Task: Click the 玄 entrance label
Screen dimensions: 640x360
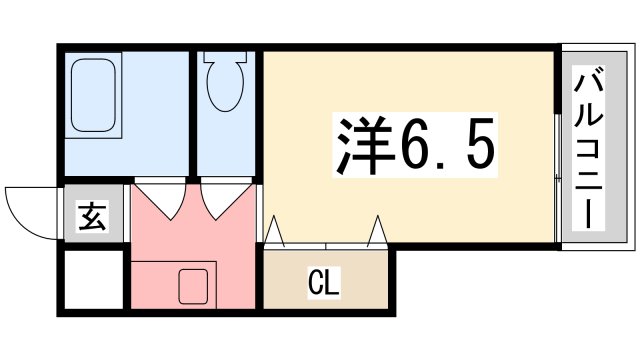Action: (x=93, y=216)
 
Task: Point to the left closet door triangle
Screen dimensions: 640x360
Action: (x=276, y=232)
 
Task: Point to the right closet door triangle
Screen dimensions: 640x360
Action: (x=377, y=231)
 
